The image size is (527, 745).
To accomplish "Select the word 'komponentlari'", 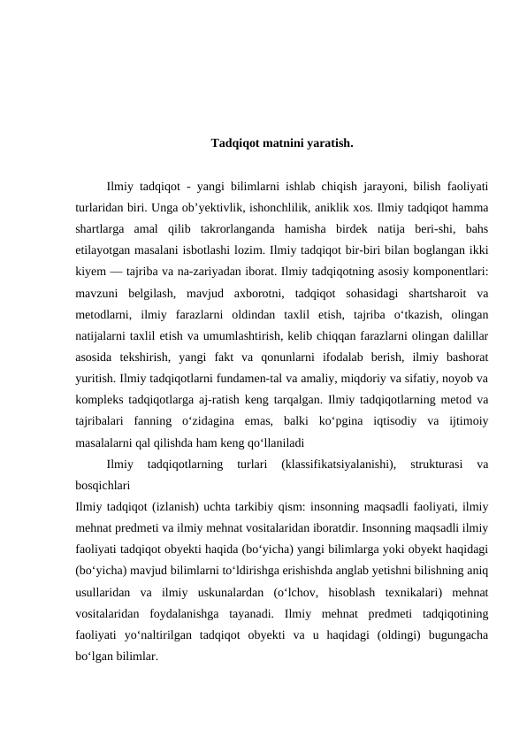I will (450, 272).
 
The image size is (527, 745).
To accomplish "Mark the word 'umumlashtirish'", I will (233, 335).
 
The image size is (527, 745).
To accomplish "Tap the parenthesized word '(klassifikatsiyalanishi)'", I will (338, 463).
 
